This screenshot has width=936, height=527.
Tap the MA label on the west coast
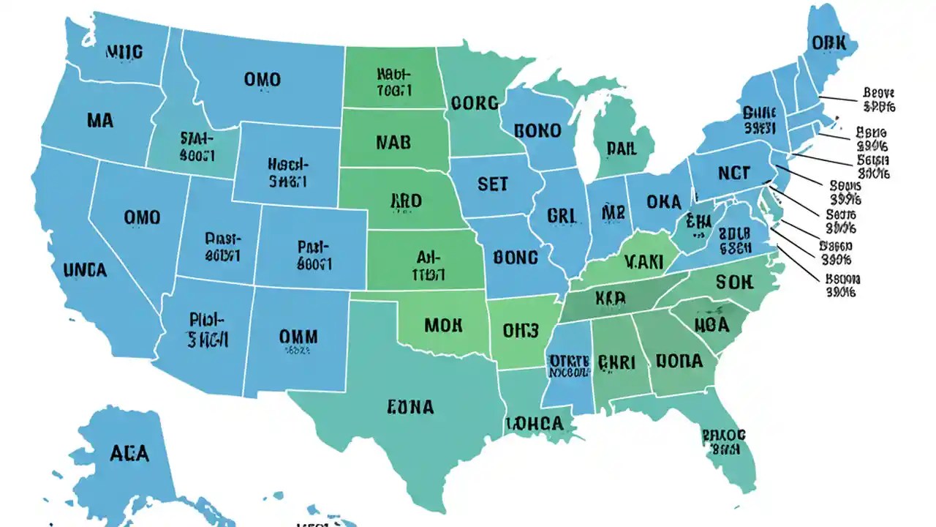tap(99, 121)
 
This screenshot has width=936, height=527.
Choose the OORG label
tap(475, 103)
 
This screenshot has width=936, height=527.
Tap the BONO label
tap(537, 131)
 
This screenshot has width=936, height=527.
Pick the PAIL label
tap(622, 149)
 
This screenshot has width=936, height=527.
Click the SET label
tap(492, 184)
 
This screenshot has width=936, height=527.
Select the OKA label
tap(663, 202)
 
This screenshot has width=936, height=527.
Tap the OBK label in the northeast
tap(829, 43)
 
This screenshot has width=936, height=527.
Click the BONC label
tap(516, 258)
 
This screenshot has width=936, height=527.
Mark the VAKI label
tap(643, 261)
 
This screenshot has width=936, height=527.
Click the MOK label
tap(442, 325)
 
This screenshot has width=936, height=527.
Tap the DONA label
tap(679, 361)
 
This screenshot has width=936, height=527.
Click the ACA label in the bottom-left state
tap(129, 453)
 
